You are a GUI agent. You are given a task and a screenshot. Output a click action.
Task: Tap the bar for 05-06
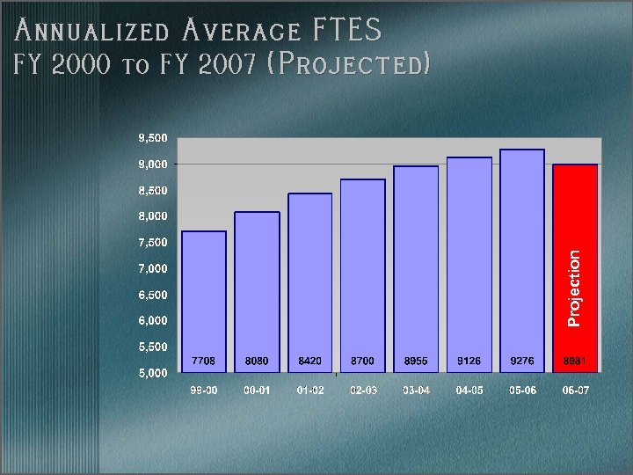tap(522, 255)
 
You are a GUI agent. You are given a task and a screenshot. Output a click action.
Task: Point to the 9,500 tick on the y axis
tap(152, 138)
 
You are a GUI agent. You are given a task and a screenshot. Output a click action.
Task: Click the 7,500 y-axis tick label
tap(152, 242)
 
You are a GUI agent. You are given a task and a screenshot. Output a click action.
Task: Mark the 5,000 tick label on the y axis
tap(152, 373)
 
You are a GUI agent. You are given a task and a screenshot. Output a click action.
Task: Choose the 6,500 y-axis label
tap(152, 294)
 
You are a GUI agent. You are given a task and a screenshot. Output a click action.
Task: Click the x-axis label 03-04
tap(416, 390)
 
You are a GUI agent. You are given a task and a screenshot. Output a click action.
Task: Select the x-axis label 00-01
tap(258, 390)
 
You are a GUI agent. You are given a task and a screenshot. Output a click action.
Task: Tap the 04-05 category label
tap(469, 390)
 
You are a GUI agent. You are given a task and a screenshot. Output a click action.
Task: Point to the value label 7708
tap(204, 361)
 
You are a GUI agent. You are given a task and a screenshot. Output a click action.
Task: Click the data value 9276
tap(522, 361)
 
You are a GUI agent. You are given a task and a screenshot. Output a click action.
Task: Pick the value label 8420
tap(310, 361)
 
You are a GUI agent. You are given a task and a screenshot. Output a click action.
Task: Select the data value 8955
tap(416, 361)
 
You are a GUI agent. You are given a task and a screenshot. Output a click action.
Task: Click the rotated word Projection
tap(574, 288)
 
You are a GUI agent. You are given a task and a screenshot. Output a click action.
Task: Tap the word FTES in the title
tap(347, 32)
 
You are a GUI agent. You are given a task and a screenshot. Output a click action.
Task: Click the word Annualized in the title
tap(92, 32)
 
